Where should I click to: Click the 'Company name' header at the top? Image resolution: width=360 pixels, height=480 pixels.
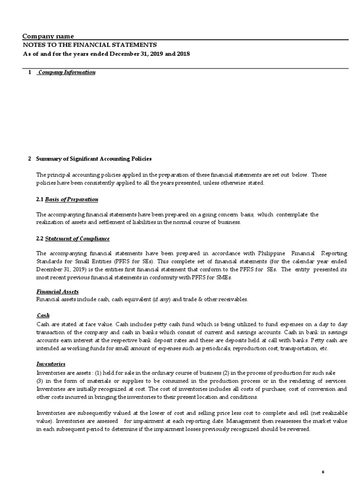[48, 37]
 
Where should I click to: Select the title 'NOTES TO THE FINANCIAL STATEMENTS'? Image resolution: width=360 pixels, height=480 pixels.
[90, 45]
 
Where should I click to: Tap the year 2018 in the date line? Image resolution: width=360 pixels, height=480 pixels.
[183, 54]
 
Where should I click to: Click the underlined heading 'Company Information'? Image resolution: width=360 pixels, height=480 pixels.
[67, 73]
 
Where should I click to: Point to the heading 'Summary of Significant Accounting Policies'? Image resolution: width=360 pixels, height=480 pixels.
[94, 159]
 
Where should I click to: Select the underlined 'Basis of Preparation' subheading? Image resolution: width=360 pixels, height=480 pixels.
[71, 199]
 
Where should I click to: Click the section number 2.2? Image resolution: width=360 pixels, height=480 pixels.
[40, 239]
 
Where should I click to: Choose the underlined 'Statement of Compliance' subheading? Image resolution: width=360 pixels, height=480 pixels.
[77, 239]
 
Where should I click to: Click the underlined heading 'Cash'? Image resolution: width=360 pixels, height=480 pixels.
[43, 315]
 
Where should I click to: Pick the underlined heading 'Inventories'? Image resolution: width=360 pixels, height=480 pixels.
[51, 364]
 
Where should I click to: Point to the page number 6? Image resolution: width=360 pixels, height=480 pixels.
[323, 458]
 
